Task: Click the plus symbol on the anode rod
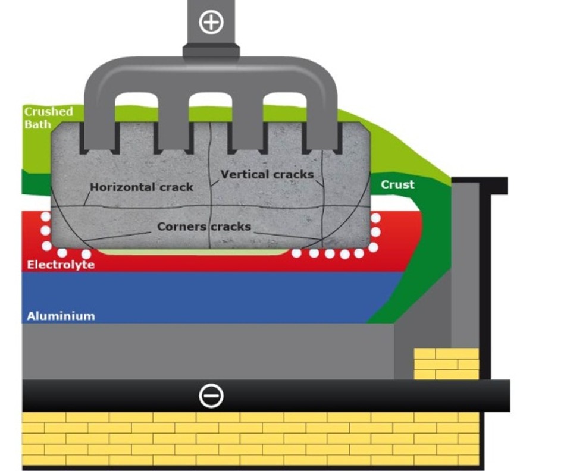(x=211, y=23)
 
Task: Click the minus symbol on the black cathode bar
(x=211, y=395)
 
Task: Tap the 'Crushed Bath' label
(x=48, y=118)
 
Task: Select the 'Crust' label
(x=397, y=184)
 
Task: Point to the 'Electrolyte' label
(x=61, y=265)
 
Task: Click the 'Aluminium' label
(x=60, y=316)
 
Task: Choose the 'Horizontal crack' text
(x=142, y=187)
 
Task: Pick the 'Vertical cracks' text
(x=267, y=174)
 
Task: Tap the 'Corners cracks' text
(x=204, y=227)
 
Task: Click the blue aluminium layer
(x=208, y=297)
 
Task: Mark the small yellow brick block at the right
(x=446, y=363)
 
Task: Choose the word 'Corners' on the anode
(x=181, y=227)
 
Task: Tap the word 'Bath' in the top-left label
(x=37, y=124)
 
